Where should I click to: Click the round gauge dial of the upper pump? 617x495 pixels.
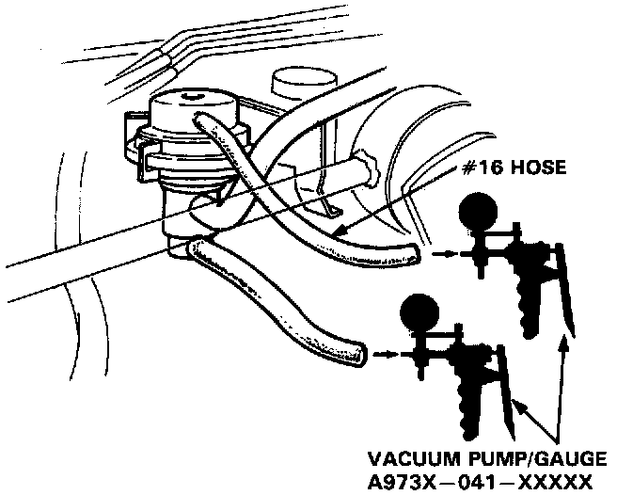coord(476,216)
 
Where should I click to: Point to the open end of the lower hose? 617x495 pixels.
coord(358,356)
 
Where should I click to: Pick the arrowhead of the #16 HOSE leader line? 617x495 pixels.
coord(338,231)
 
